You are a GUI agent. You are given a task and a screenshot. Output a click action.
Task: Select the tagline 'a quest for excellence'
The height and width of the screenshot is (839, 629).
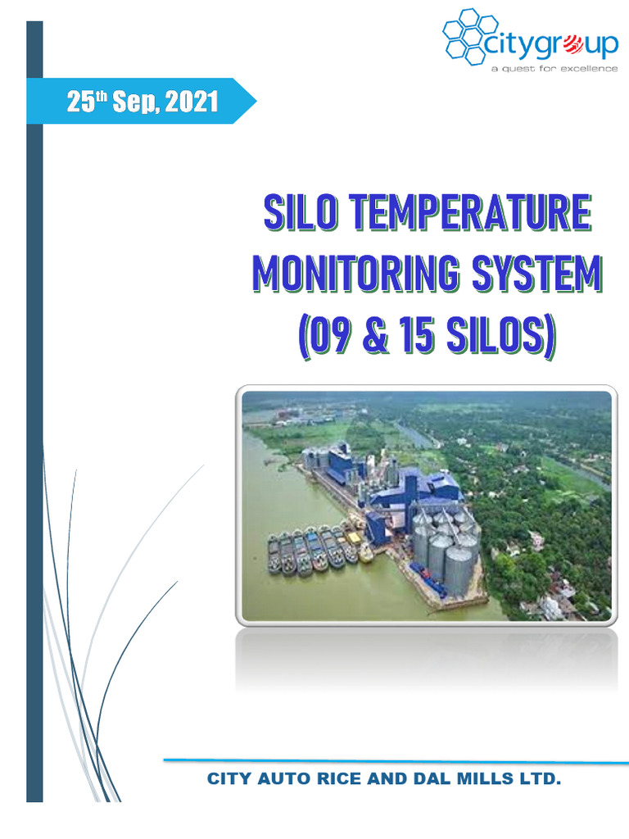[554, 69]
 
